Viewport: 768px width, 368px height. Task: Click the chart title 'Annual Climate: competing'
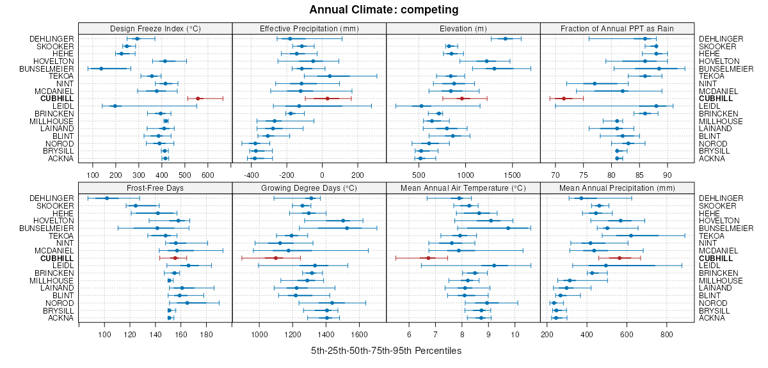383,10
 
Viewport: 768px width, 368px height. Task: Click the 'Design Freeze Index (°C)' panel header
155,28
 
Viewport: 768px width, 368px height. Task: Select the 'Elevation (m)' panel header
463,28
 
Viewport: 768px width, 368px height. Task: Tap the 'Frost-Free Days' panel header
155,188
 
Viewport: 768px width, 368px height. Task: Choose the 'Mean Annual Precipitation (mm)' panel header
617,188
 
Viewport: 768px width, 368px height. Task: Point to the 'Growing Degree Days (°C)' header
309,188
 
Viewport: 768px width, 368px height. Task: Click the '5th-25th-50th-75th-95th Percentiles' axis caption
386,351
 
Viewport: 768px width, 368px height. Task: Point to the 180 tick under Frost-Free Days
206,334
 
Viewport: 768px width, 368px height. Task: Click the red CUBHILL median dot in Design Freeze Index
198,99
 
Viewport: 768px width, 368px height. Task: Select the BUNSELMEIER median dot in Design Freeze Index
101,68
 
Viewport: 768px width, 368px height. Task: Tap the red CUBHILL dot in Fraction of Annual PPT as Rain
564,99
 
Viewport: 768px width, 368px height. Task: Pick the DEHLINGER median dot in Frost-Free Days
107,198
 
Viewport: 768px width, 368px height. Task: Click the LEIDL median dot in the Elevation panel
421,106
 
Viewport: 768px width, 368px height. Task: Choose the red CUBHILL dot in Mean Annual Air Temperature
429,258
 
